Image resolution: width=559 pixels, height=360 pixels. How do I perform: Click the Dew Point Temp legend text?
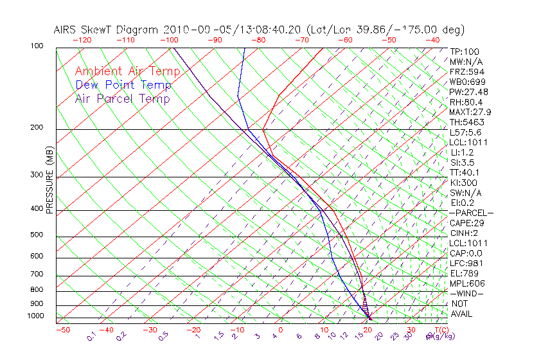click(123, 85)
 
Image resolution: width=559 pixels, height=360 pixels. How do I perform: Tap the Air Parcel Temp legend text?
click(123, 98)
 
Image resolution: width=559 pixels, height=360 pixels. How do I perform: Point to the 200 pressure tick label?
click(37, 128)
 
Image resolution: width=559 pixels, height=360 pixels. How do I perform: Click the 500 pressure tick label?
click(37, 235)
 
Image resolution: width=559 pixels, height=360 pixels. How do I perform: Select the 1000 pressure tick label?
click(35, 316)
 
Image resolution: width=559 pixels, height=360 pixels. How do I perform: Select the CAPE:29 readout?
click(466, 223)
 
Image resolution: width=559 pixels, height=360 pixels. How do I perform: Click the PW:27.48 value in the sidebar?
click(468, 92)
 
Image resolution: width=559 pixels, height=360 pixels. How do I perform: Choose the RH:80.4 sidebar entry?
click(466, 102)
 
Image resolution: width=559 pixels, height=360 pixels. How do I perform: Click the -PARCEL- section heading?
click(471, 213)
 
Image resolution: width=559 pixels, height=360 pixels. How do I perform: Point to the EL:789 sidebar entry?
click(464, 273)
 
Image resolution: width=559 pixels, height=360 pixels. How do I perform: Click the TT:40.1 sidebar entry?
click(465, 172)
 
